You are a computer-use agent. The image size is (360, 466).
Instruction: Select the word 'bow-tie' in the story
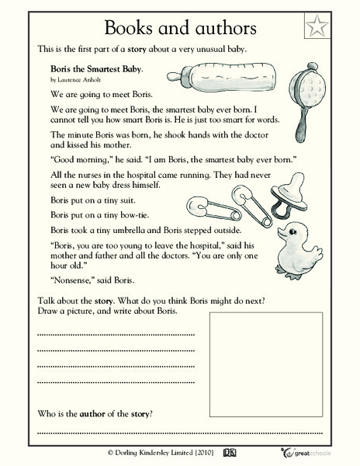[137, 216]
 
